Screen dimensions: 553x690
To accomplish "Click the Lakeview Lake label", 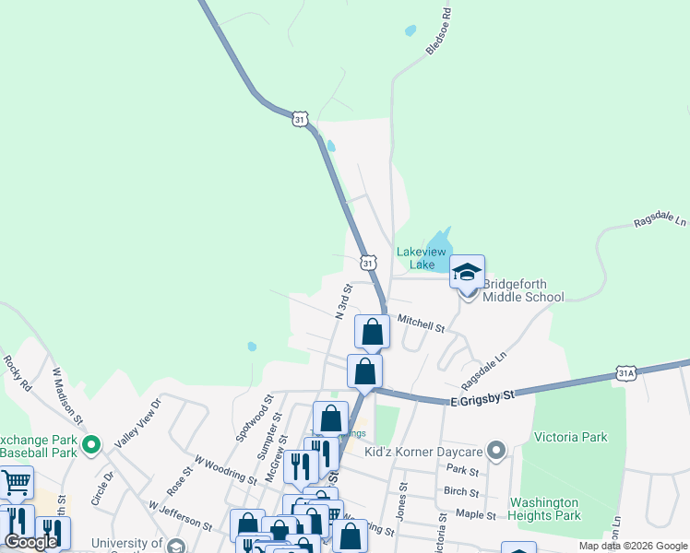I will click(422, 258).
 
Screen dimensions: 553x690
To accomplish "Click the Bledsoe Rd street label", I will click(440, 33).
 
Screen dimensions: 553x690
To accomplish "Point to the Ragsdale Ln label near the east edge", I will click(660, 222).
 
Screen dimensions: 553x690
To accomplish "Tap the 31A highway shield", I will click(627, 372).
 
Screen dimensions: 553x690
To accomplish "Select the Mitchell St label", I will click(421, 324).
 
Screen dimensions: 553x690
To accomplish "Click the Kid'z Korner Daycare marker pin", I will click(497, 452).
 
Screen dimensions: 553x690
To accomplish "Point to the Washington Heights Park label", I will click(545, 510).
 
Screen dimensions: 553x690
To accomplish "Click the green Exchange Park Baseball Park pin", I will click(90, 446).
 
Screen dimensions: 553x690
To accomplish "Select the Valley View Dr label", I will click(137, 423).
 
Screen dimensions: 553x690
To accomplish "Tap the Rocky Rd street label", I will click(18, 374).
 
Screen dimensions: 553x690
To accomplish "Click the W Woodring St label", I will click(225, 469).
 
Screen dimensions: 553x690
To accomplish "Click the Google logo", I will click(31, 542).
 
